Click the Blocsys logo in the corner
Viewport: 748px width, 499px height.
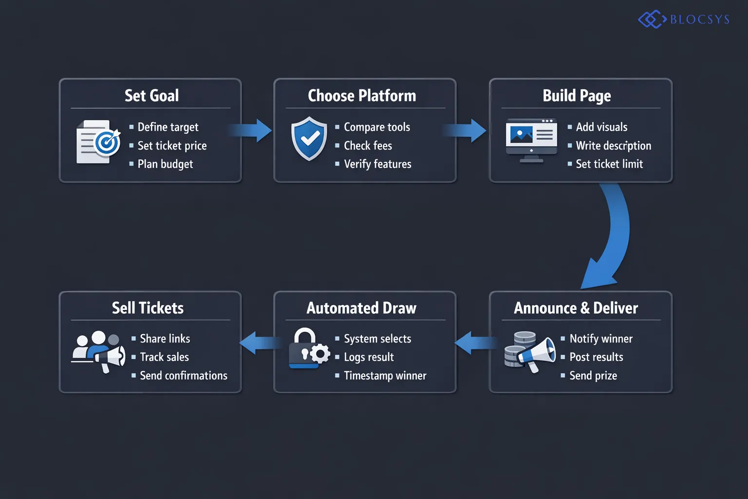click(684, 19)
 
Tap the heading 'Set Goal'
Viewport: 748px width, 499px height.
click(151, 96)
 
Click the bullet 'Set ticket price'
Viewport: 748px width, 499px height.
click(172, 146)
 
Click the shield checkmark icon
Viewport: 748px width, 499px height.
click(309, 138)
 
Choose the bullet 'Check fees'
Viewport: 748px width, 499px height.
click(368, 146)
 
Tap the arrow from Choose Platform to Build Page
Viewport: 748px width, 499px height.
click(466, 131)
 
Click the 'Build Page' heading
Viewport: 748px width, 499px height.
click(577, 96)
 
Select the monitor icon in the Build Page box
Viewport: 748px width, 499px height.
click(531, 139)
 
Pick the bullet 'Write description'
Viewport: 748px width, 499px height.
click(613, 146)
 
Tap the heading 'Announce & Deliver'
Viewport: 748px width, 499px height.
click(576, 308)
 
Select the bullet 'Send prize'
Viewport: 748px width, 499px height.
click(593, 376)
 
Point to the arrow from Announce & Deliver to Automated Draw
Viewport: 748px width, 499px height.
click(474, 343)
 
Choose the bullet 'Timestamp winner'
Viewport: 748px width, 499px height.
click(385, 376)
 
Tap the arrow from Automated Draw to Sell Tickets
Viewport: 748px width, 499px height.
click(259, 343)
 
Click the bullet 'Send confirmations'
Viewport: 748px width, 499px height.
click(184, 376)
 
